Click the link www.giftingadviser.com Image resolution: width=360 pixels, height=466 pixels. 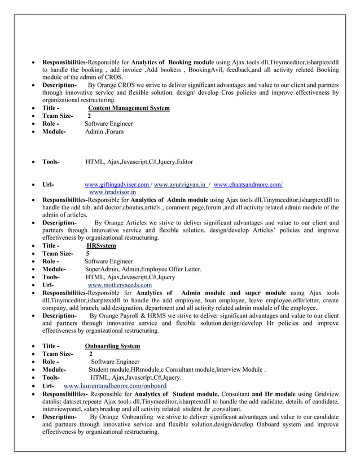pos(116,184)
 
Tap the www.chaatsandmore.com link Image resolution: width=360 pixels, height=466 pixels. pos(248,184)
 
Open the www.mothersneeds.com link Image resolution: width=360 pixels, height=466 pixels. pos(119,285)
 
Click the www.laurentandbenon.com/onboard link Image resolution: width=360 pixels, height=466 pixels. pos(115,385)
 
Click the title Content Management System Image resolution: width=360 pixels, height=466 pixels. pos(129,108)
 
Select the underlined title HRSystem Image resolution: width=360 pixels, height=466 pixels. pos(101,246)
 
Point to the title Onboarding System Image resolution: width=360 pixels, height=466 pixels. pos(112,346)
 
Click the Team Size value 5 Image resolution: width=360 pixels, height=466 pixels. pos(87,254)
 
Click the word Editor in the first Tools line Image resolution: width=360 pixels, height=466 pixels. pos(184,162)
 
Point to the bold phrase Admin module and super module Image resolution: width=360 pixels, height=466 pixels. pos(234,293)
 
